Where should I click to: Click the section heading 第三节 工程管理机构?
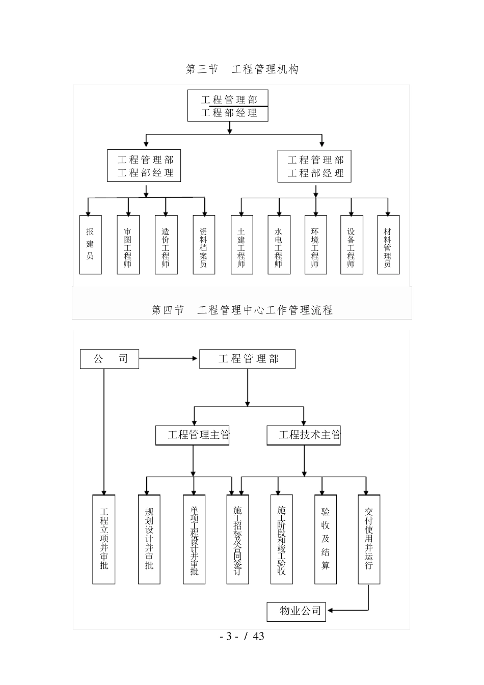(x=242, y=69)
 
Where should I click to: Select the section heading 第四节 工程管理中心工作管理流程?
(x=242, y=310)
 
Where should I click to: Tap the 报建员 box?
(x=90, y=244)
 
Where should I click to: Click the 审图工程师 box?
(x=128, y=244)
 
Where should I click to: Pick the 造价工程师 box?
(x=166, y=244)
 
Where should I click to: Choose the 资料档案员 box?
(x=204, y=244)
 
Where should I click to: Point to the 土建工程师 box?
(x=241, y=244)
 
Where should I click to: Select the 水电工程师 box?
(x=279, y=244)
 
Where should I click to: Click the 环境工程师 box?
(x=315, y=244)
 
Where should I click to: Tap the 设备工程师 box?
(x=352, y=244)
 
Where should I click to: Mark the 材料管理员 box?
(x=388, y=244)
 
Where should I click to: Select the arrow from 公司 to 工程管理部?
(x=168, y=358)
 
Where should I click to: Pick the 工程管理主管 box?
(x=193, y=435)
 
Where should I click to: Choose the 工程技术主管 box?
(x=304, y=435)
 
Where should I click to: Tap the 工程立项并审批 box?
(x=103, y=539)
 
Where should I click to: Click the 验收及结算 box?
(x=326, y=539)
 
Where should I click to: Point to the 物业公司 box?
(x=297, y=610)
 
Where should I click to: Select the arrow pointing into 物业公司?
(x=346, y=610)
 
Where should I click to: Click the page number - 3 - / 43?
(x=242, y=636)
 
